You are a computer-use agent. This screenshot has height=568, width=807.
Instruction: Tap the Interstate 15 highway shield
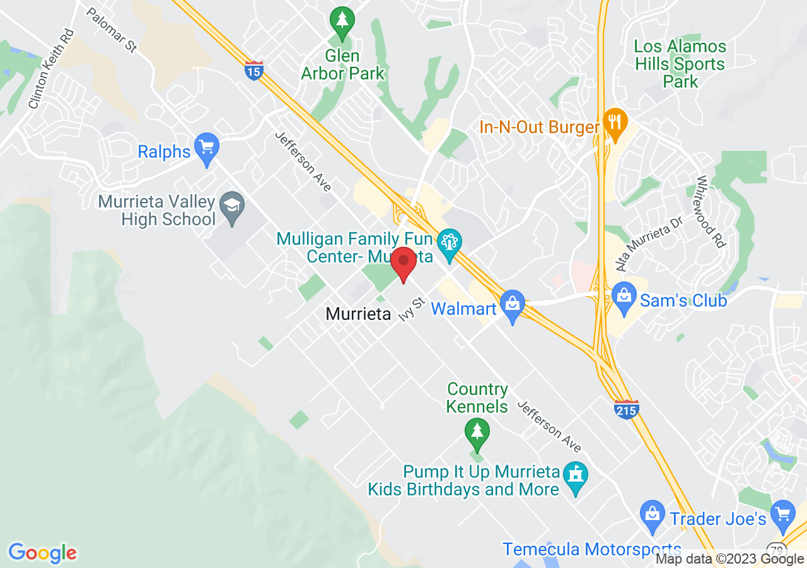coord(253,69)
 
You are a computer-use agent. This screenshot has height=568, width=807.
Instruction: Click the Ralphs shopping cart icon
coord(206,148)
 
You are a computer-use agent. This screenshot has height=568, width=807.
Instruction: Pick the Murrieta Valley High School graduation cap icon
coord(234,206)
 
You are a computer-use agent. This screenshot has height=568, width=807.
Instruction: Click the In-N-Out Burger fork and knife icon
coord(613,122)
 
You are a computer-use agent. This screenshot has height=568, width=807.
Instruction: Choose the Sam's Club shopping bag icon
coord(624,297)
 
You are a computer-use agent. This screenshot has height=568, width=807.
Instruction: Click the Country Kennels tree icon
coord(477,433)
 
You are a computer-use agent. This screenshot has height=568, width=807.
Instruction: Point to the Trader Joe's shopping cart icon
coord(784,514)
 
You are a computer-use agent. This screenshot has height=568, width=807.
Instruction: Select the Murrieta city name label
coord(358,314)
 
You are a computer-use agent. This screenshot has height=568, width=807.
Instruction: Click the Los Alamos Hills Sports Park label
coord(680,64)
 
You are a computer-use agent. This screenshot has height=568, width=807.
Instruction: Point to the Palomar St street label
coord(112,30)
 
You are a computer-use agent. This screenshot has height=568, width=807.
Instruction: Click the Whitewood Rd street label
coord(710,212)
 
